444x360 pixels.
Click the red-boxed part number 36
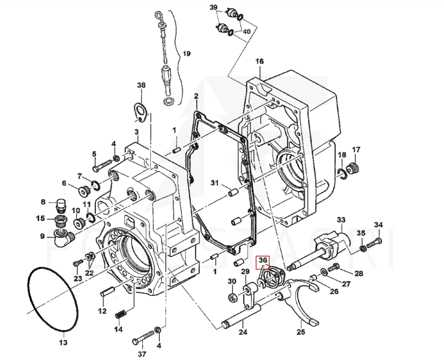(x=263, y=260)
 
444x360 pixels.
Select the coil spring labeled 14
(x=121, y=314)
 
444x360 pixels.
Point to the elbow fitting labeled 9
(x=63, y=237)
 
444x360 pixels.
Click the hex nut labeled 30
(x=232, y=297)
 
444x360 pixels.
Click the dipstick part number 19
(x=187, y=53)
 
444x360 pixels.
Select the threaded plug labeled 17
(x=354, y=168)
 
